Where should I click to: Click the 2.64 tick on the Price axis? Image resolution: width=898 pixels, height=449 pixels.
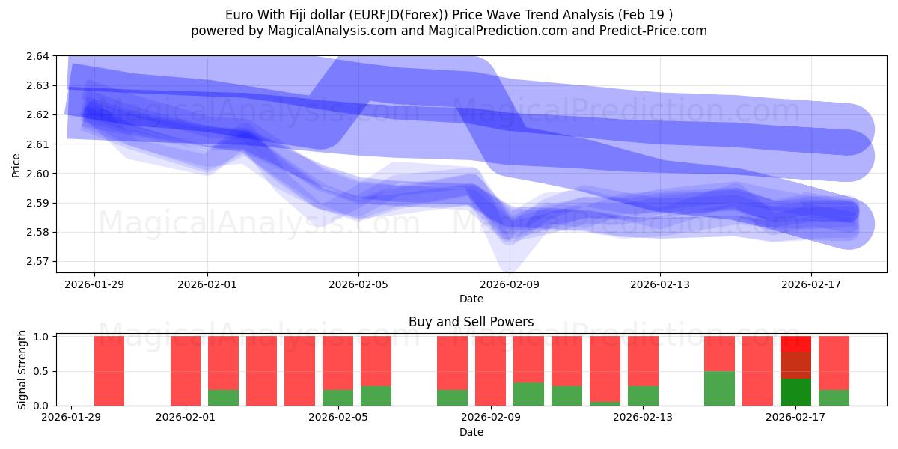(x=39, y=56)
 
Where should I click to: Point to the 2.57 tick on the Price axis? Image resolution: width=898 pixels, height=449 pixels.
(x=39, y=262)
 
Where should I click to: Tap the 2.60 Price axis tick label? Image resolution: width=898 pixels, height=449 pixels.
(x=39, y=174)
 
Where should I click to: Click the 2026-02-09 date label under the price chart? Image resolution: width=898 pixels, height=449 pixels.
(x=509, y=284)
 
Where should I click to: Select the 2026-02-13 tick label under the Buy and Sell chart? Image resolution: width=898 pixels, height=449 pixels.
(x=643, y=417)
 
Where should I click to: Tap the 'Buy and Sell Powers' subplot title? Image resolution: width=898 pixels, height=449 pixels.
(x=471, y=322)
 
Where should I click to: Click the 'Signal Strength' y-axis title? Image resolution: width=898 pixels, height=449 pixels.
(x=22, y=370)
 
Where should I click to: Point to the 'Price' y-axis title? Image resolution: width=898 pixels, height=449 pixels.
(x=16, y=165)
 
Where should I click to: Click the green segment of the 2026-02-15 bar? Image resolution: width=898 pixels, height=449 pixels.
(x=719, y=388)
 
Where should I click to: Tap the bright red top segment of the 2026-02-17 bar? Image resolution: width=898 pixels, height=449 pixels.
(x=795, y=344)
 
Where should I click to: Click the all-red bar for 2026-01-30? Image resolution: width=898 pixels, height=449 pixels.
(x=109, y=370)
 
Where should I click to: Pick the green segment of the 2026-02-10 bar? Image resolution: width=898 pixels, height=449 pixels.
(x=528, y=394)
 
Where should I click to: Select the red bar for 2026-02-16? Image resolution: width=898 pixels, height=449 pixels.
(x=757, y=370)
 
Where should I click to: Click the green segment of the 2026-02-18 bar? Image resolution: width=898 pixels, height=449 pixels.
(x=834, y=397)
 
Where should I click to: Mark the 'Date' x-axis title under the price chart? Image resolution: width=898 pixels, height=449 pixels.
(x=471, y=299)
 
